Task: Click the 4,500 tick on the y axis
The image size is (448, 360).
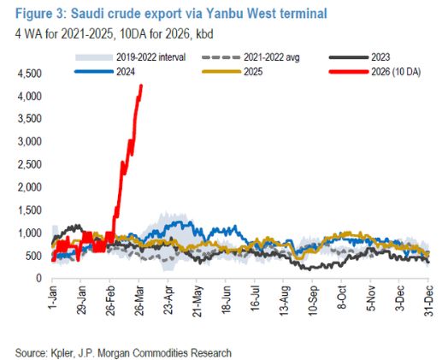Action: coord(24,74)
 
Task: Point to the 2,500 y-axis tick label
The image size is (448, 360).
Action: coord(24,164)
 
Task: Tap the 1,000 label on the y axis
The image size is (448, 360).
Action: coord(24,233)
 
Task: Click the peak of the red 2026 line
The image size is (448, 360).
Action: coord(141,86)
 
